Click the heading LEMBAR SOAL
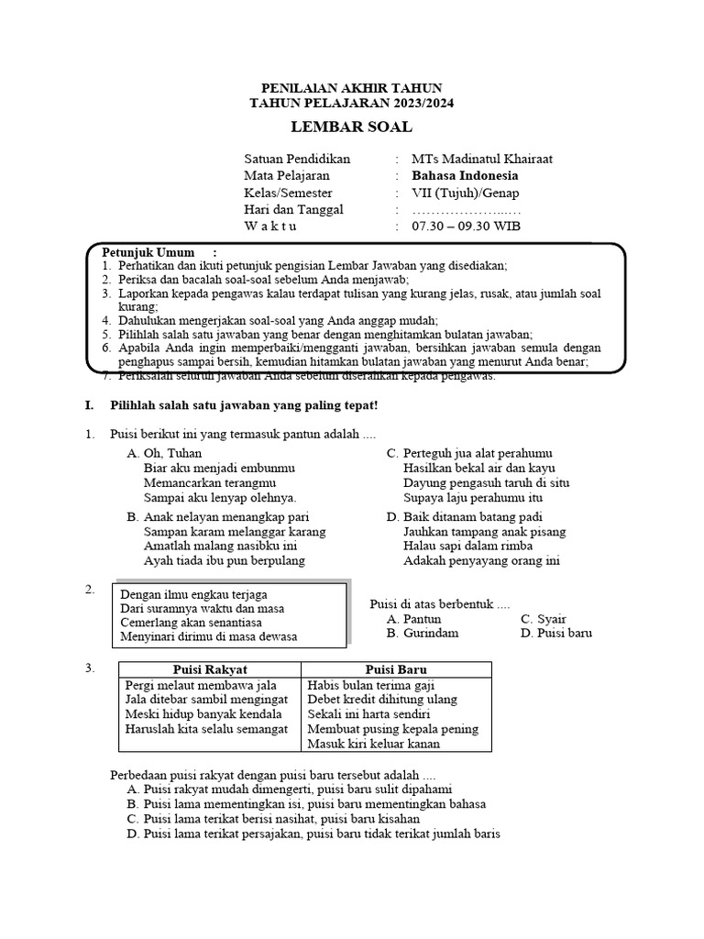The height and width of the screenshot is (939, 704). point(351,127)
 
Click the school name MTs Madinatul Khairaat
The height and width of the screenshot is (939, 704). point(481,159)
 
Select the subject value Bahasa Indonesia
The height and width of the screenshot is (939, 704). point(464,175)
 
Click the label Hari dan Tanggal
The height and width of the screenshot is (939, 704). point(293,209)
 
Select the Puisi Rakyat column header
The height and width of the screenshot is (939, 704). point(210,669)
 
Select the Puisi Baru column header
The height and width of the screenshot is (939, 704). point(396,669)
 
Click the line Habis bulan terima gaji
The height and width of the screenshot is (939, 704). point(371,685)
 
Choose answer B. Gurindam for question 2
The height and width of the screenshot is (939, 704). point(423,634)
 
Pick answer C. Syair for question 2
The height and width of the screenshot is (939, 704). point(543,619)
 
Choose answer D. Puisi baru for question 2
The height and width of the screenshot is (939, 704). point(555,634)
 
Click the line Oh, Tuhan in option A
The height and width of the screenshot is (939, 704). point(165,453)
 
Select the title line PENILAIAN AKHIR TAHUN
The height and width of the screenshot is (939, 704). point(351,88)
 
